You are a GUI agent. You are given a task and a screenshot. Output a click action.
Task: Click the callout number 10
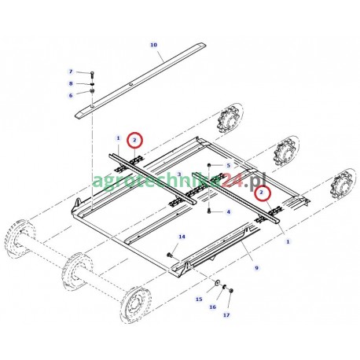pos(153,45)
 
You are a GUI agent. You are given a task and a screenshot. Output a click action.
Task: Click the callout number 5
pos(228,165)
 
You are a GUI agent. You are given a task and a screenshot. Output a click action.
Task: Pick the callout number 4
pos(228,211)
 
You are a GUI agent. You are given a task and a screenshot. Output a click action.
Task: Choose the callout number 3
pos(180,174)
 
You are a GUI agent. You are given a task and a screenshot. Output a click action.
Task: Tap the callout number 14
pos(182,237)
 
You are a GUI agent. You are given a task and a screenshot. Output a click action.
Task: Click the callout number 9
pos(256,268)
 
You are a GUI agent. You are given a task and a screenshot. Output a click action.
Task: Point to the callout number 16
pos(212,307)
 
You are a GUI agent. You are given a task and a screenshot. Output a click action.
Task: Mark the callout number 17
pos(226,316)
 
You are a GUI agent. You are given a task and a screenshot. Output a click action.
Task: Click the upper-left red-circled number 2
pos(136,141)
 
